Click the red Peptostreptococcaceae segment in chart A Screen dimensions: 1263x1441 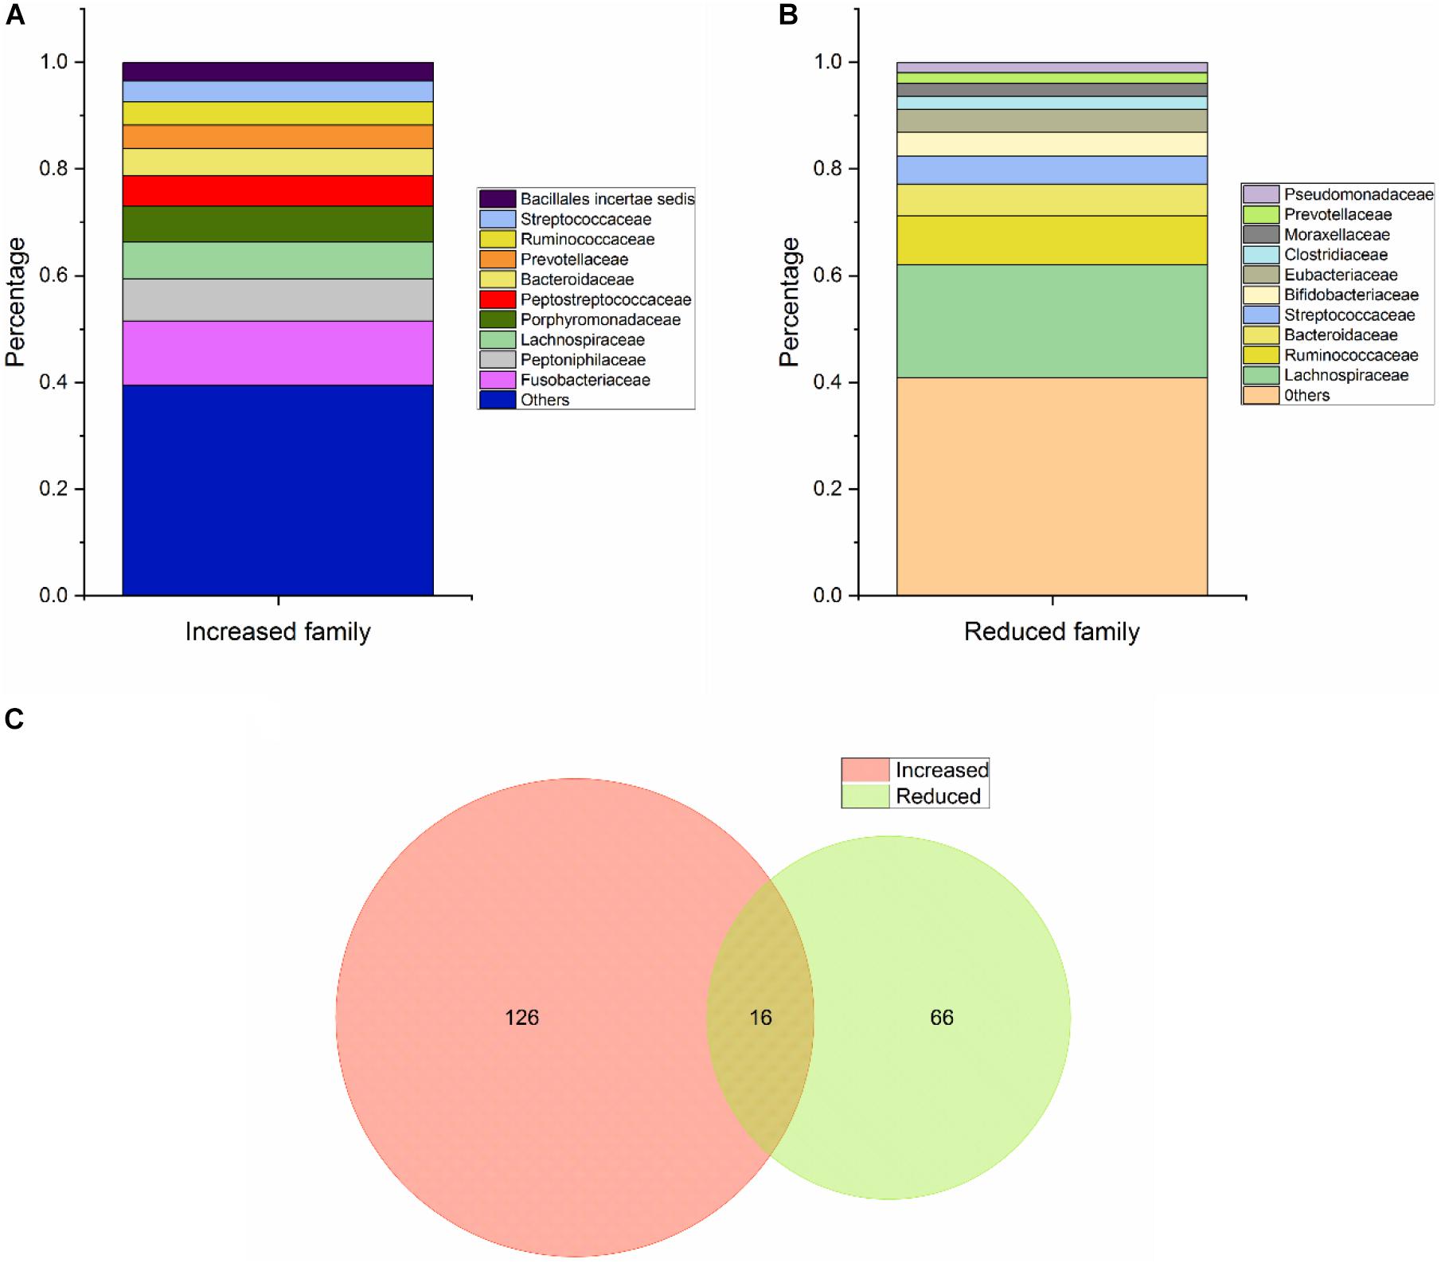[x=278, y=191]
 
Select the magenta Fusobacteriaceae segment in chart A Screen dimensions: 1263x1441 [x=278, y=353]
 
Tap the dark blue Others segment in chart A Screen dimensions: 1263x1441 [x=278, y=490]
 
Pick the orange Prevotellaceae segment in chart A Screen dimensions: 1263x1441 [x=278, y=137]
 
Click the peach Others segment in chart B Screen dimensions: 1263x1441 [x=1052, y=486]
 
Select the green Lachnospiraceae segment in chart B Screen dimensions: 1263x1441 [x=1052, y=321]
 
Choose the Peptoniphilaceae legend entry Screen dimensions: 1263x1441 [x=583, y=360]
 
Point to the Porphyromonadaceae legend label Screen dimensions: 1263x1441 [x=600, y=320]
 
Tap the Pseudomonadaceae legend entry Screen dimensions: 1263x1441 [x=1358, y=194]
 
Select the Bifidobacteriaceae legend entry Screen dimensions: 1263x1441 [x=1351, y=295]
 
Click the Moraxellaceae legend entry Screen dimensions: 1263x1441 [x=1337, y=235]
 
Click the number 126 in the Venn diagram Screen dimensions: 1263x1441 [x=522, y=1018]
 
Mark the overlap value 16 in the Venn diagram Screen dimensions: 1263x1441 [x=761, y=1018]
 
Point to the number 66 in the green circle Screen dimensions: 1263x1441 [x=942, y=1018]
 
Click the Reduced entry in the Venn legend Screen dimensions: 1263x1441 [x=938, y=796]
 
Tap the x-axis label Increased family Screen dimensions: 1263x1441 [x=278, y=632]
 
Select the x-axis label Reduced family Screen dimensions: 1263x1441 [x=1052, y=632]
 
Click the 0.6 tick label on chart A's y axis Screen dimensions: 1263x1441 [x=56, y=276]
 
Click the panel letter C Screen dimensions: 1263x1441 [x=14, y=720]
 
